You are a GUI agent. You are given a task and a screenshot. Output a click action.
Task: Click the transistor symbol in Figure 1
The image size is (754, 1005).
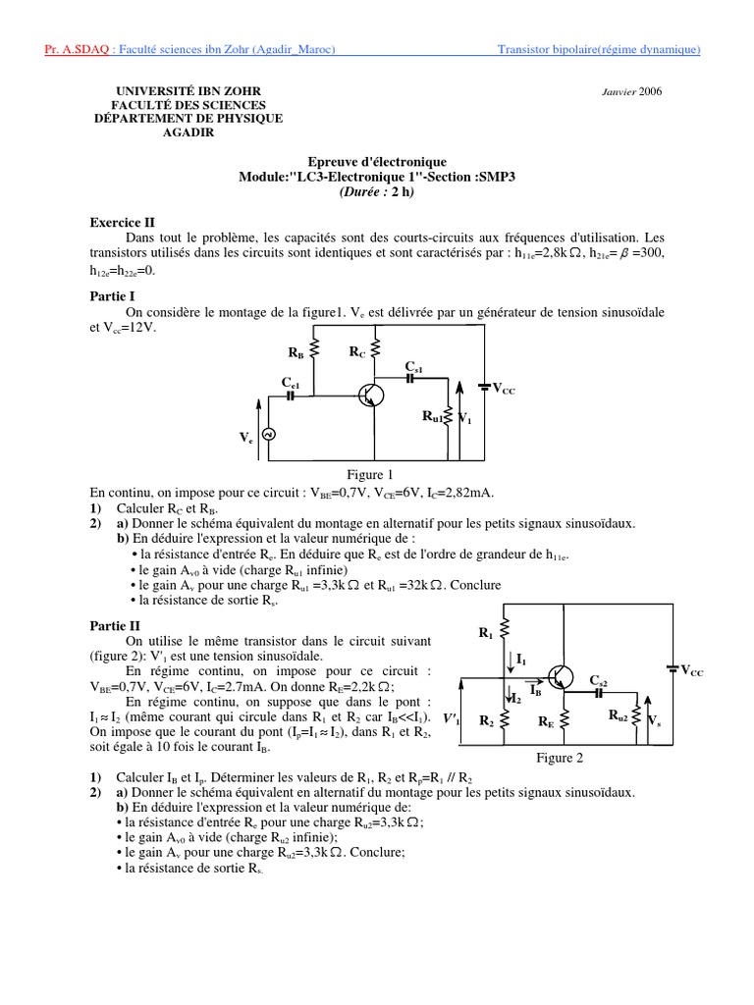pyautogui.click(x=371, y=395)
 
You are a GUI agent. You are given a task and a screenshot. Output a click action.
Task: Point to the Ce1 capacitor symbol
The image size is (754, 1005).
pyautogui.click(x=291, y=396)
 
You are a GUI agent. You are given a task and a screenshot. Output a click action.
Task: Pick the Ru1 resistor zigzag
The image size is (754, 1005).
pyautogui.click(x=449, y=417)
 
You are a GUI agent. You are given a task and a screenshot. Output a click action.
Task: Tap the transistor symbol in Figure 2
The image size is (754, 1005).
pyautogui.click(x=562, y=676)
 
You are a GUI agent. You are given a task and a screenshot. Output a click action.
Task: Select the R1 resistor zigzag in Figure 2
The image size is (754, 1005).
pyautogui.click(x=505, y=633)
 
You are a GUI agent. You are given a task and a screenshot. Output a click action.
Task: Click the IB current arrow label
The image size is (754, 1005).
pyautogui.click(x=535, y=690)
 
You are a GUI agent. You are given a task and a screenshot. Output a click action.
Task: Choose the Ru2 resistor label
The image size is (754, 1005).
pyautogui.click(x=619, y=716)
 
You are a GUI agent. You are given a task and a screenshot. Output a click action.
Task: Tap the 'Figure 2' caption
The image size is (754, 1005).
pyautogui.click(x=560, y=758)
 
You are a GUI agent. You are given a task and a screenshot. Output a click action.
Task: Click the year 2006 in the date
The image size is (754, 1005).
pyautogui.click(x=651, y=91)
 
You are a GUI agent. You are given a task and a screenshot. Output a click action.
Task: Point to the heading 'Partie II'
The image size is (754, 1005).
pyautogui.click(x=115, y=624)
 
